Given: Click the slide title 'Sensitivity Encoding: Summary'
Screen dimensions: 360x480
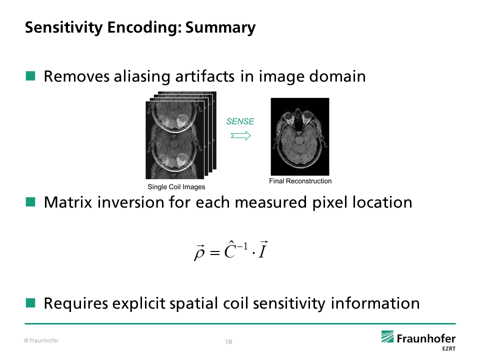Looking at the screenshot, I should coord(140,27).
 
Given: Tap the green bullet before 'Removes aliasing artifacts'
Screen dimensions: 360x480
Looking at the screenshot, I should coord(31,76).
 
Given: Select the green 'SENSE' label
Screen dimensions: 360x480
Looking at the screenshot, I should coord(240,121).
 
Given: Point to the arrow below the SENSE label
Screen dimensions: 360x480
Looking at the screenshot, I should coord(240,135).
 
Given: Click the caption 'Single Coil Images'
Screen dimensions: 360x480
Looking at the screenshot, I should coord(176,187).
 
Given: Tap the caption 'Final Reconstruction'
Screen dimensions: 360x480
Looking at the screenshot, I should coord(300,181).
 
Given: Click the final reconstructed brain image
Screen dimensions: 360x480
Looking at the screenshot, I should coord(299,136).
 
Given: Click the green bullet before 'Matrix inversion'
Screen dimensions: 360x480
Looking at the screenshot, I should coord(31,202).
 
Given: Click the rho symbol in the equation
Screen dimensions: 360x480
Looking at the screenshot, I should coord(199,252).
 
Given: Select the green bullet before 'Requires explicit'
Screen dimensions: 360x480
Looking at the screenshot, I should coord(31,302).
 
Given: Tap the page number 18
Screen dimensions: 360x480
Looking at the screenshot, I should coord(228,342).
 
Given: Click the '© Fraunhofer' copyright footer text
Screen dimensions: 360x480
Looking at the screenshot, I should coord(41,340).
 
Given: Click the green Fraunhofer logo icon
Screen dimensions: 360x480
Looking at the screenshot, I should coord(388,336).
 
